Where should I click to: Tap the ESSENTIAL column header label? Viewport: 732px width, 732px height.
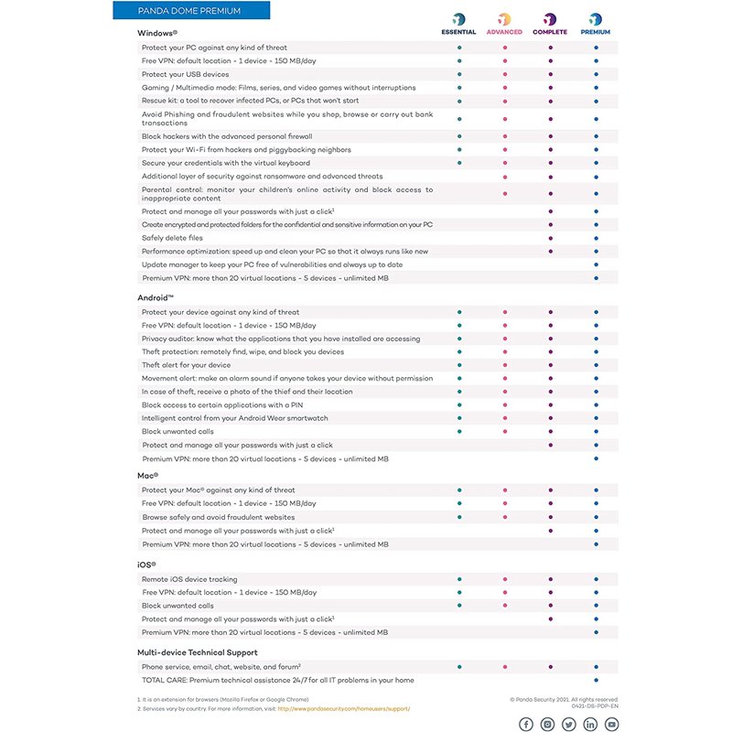point(458,32)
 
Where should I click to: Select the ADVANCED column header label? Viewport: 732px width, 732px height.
point(504,32)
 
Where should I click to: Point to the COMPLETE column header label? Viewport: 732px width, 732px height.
point(550,32)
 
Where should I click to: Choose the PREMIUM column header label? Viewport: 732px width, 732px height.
point(596,32)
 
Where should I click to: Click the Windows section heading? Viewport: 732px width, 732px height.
point(157,33)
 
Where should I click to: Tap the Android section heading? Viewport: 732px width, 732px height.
point(156,298)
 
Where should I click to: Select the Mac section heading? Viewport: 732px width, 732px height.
point(148,476)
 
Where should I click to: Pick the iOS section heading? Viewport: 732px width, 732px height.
point(146,565)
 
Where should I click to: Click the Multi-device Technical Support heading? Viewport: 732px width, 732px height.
point(196,653)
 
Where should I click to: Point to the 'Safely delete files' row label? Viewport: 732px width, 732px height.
point(172,238)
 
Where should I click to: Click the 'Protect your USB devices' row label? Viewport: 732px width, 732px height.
point(185,74)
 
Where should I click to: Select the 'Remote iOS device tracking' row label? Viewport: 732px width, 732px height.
point(189,579)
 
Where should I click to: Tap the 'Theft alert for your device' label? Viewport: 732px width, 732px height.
point(186,365)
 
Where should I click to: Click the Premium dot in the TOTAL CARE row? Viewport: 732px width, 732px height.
point(596,681)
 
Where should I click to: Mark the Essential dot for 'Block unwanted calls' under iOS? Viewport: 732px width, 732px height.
point(459,605)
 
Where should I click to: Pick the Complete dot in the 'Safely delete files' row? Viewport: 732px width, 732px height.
point(550,238)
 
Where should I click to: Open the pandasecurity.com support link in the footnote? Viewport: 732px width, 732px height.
point(344,708)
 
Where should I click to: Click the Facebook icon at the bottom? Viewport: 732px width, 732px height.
point(526,724)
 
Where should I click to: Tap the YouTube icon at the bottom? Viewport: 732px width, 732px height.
point(611,724)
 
